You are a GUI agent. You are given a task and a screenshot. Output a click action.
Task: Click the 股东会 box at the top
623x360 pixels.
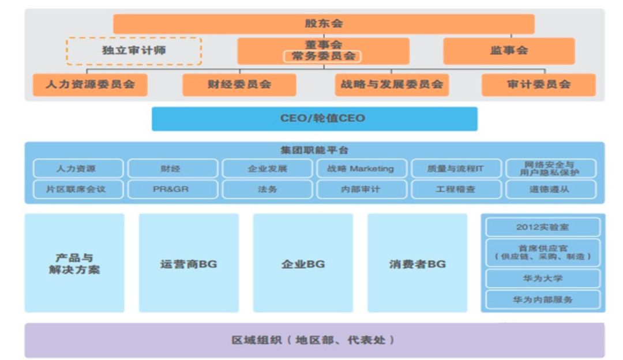324,24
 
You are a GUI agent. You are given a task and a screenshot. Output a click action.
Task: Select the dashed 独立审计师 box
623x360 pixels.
134,51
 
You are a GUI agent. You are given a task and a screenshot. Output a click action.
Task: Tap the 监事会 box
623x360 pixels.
509,51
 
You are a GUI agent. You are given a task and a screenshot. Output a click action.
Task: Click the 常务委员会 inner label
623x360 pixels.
323,57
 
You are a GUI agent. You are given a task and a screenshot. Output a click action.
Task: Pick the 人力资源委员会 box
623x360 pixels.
90,84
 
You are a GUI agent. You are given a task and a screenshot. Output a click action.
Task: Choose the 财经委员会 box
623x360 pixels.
239,84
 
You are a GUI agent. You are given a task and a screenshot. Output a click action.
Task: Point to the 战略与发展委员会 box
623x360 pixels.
392,84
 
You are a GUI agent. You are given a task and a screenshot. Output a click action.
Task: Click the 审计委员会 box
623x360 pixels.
539,84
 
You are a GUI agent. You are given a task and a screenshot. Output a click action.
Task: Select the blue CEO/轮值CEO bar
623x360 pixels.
314,118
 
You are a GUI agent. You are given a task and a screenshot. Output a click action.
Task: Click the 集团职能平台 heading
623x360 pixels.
314,150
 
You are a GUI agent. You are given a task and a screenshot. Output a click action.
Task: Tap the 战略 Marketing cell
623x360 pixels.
362,168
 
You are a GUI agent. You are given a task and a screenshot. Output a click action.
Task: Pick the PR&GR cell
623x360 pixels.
172,189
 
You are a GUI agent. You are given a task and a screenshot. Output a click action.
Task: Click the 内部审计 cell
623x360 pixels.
362,189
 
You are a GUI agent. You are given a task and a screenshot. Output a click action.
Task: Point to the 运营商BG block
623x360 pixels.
189,264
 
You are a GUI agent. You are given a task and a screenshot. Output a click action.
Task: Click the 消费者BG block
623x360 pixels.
417,264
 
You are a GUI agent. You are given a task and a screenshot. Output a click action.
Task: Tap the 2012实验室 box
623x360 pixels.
543,227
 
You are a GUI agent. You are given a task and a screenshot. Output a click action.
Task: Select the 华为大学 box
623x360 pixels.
543,279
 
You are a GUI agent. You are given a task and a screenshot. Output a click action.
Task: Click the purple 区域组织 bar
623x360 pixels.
314,340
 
